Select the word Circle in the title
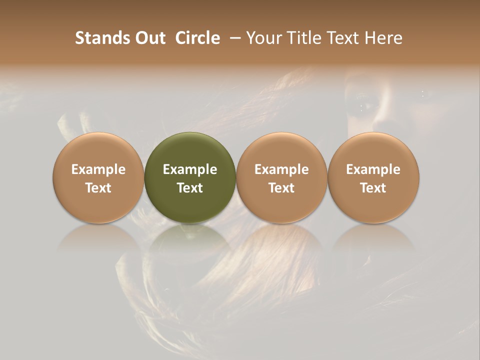point(197,38)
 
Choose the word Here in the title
point(384,38)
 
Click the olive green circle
point(190,150)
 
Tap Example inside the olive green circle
point(190,169)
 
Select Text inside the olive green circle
point(190,188)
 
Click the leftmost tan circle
point(98,150)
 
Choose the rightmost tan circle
point(373,150)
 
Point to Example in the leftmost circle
point(98,169)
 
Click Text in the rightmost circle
point(373,188)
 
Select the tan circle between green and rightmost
point(281,150)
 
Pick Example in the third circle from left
point(281,169)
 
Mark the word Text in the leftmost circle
point(98,188)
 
